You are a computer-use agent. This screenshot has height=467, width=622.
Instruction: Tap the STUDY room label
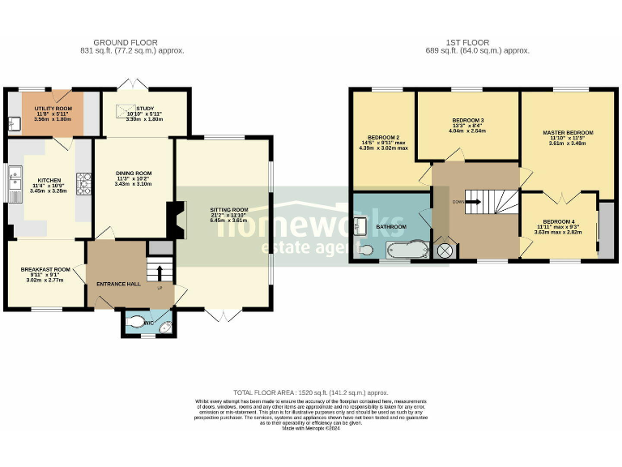[145, 109]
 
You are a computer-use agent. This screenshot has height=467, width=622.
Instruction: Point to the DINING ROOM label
[134, 174]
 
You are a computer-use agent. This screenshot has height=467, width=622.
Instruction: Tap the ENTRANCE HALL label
[118, 284]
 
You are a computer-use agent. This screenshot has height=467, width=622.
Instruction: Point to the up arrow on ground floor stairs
[160, 272]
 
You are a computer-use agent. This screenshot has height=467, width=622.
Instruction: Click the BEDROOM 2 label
[385, 138]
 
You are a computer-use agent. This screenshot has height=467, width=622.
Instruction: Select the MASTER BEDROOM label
[568, 132]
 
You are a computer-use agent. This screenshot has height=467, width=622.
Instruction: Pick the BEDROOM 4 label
[559, 221]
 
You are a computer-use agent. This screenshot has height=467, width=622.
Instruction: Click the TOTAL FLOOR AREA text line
[311, 392]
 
